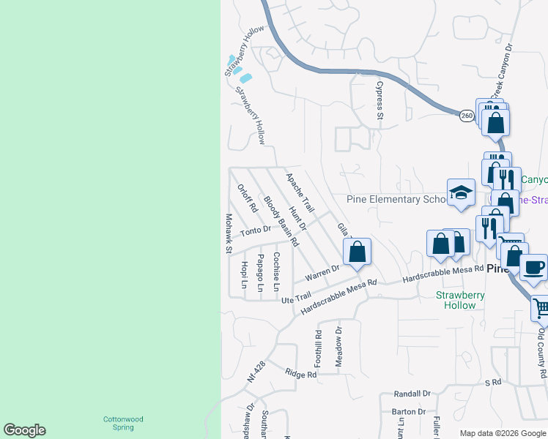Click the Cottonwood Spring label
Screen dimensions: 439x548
click(122, 423)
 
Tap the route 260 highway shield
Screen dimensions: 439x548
click(467, 116)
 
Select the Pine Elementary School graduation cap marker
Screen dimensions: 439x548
click(461, 192)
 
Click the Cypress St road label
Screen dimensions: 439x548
click(379, 100)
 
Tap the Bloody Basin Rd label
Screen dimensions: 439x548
click(281, 220)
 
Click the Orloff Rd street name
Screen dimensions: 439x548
click(248, 198)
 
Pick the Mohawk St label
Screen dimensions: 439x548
click(229, 233)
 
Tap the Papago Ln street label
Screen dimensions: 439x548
click(260, 272)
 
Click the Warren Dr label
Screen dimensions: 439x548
click(322, 274)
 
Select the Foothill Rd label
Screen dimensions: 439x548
click(319, 348)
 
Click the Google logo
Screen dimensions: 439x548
click(24, 430)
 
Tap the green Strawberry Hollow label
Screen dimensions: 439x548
click(460, 300)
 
